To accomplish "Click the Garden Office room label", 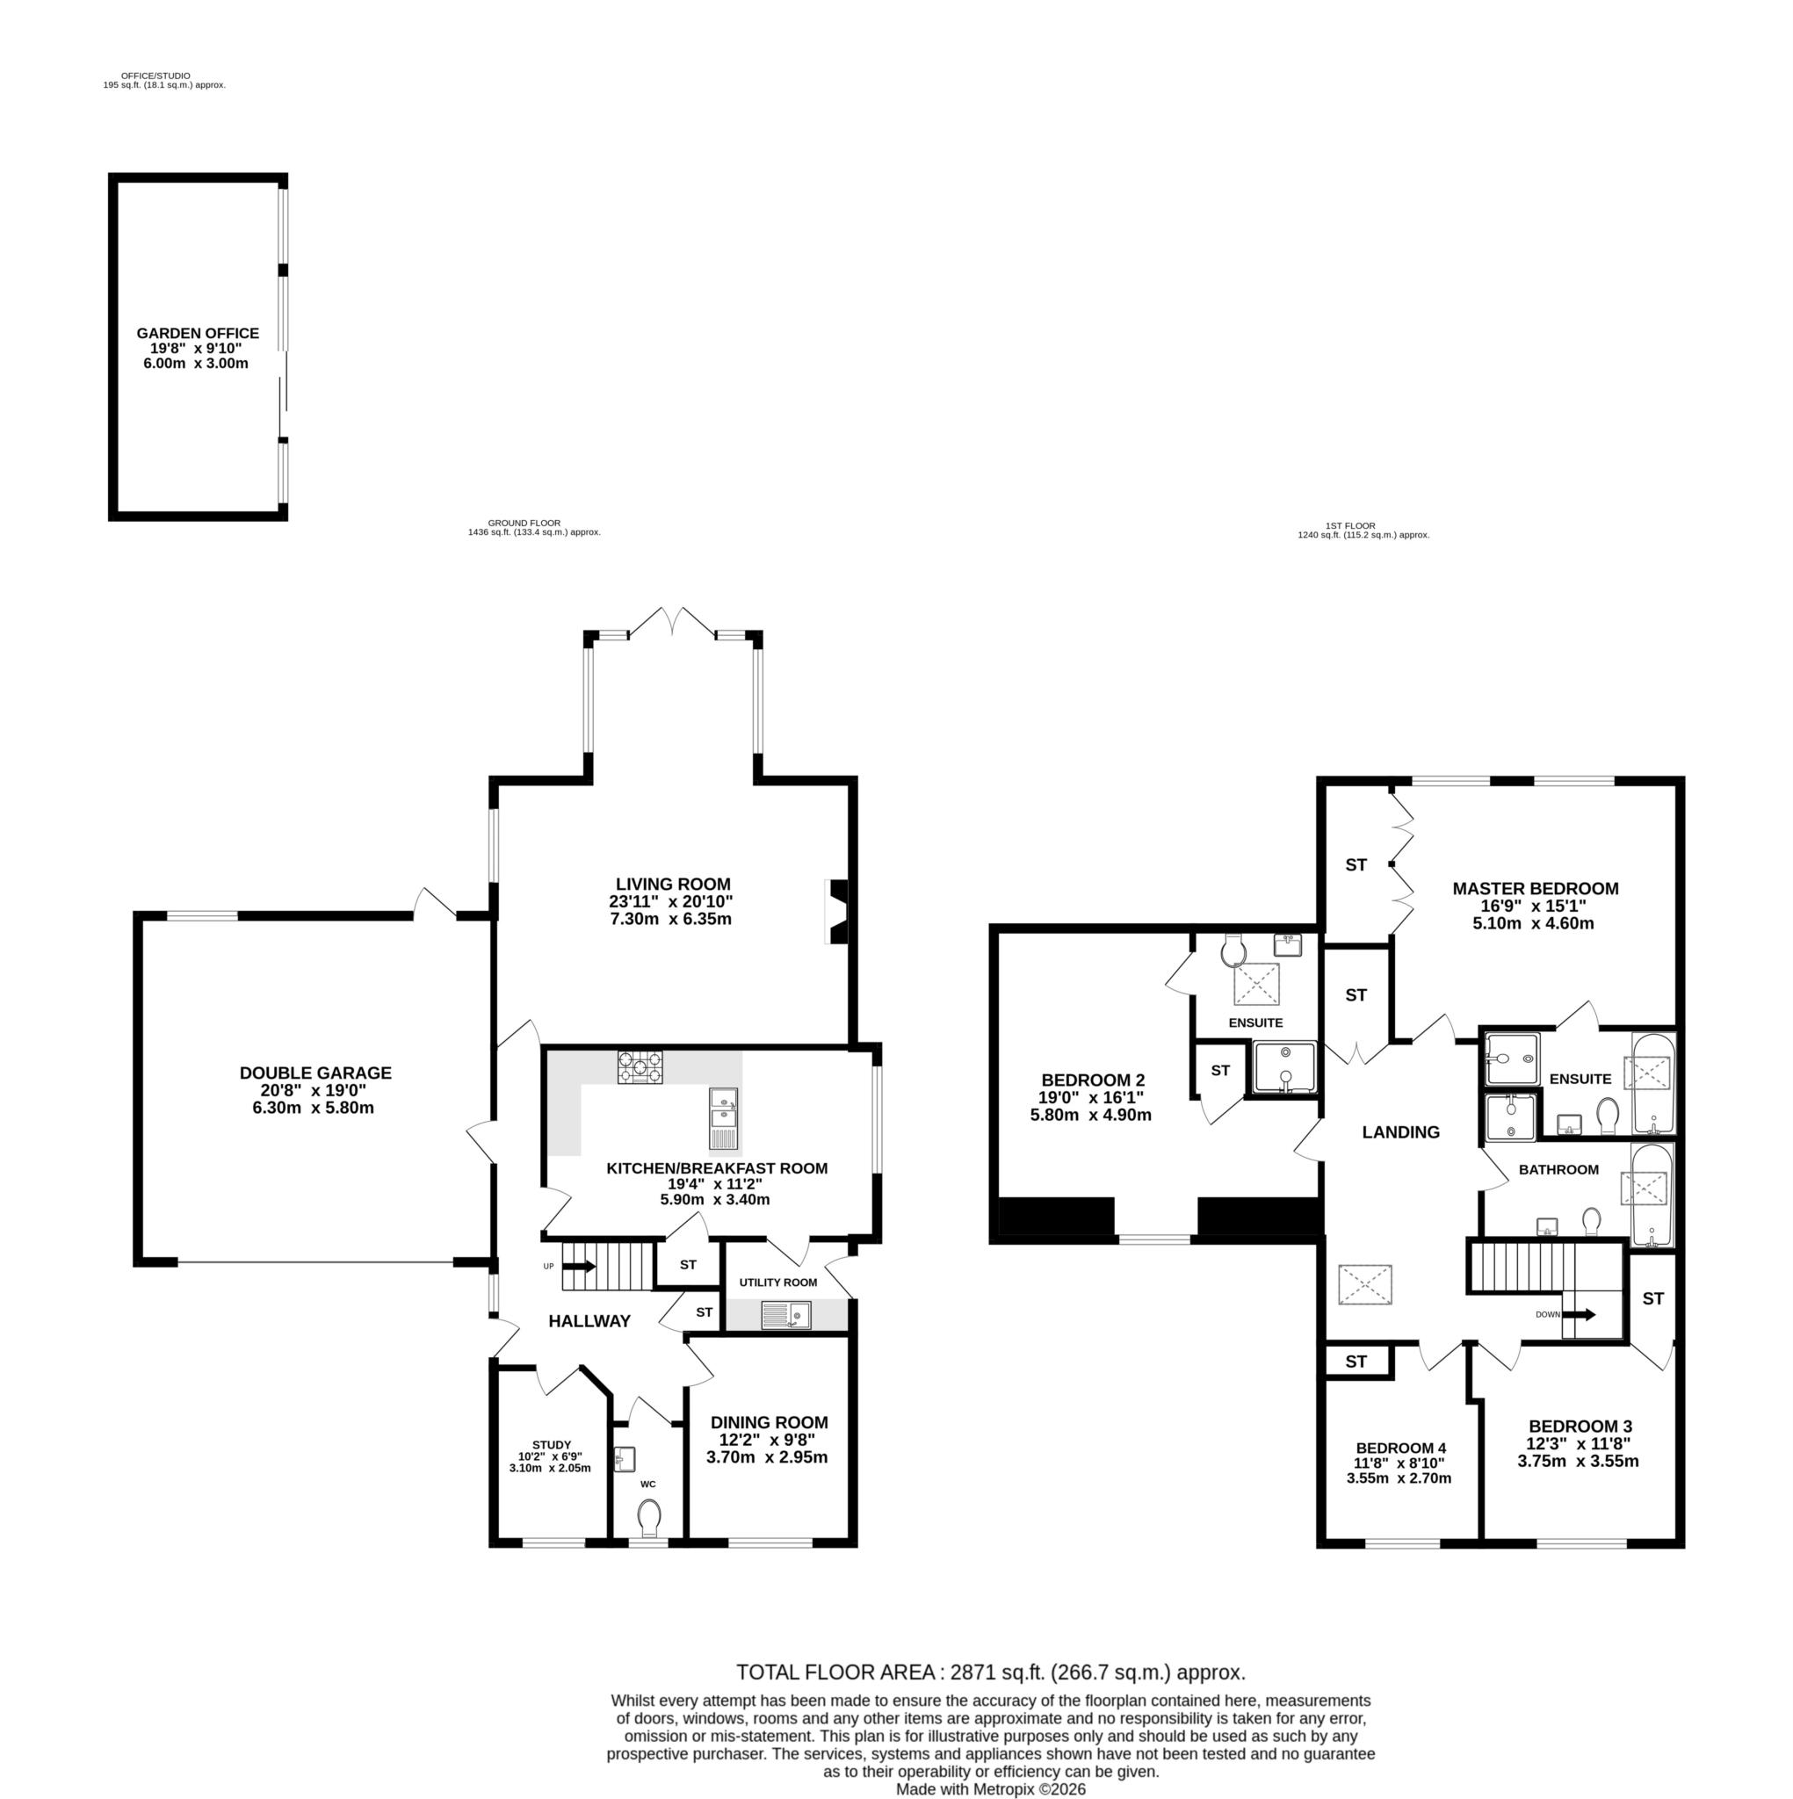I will coord(198,332).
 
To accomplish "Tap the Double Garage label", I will coord(314,1073).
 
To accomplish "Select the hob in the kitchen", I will coord(640,1066).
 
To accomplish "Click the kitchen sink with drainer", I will coord(724,1118).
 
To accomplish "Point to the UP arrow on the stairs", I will coord(578,1267).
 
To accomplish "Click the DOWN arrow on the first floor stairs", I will coord(1578,1315).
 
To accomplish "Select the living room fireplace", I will coord(838,913).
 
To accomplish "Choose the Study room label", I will coord(552,1445).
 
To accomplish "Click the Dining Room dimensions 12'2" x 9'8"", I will coord(768,1440).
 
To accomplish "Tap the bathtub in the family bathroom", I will coord(1652,1194).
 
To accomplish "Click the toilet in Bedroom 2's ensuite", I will coord(1234,950).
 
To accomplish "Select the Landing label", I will coord(1400,1132).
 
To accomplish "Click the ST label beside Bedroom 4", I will coord(1356,1362).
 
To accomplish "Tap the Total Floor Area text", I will coord(990,1672).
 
